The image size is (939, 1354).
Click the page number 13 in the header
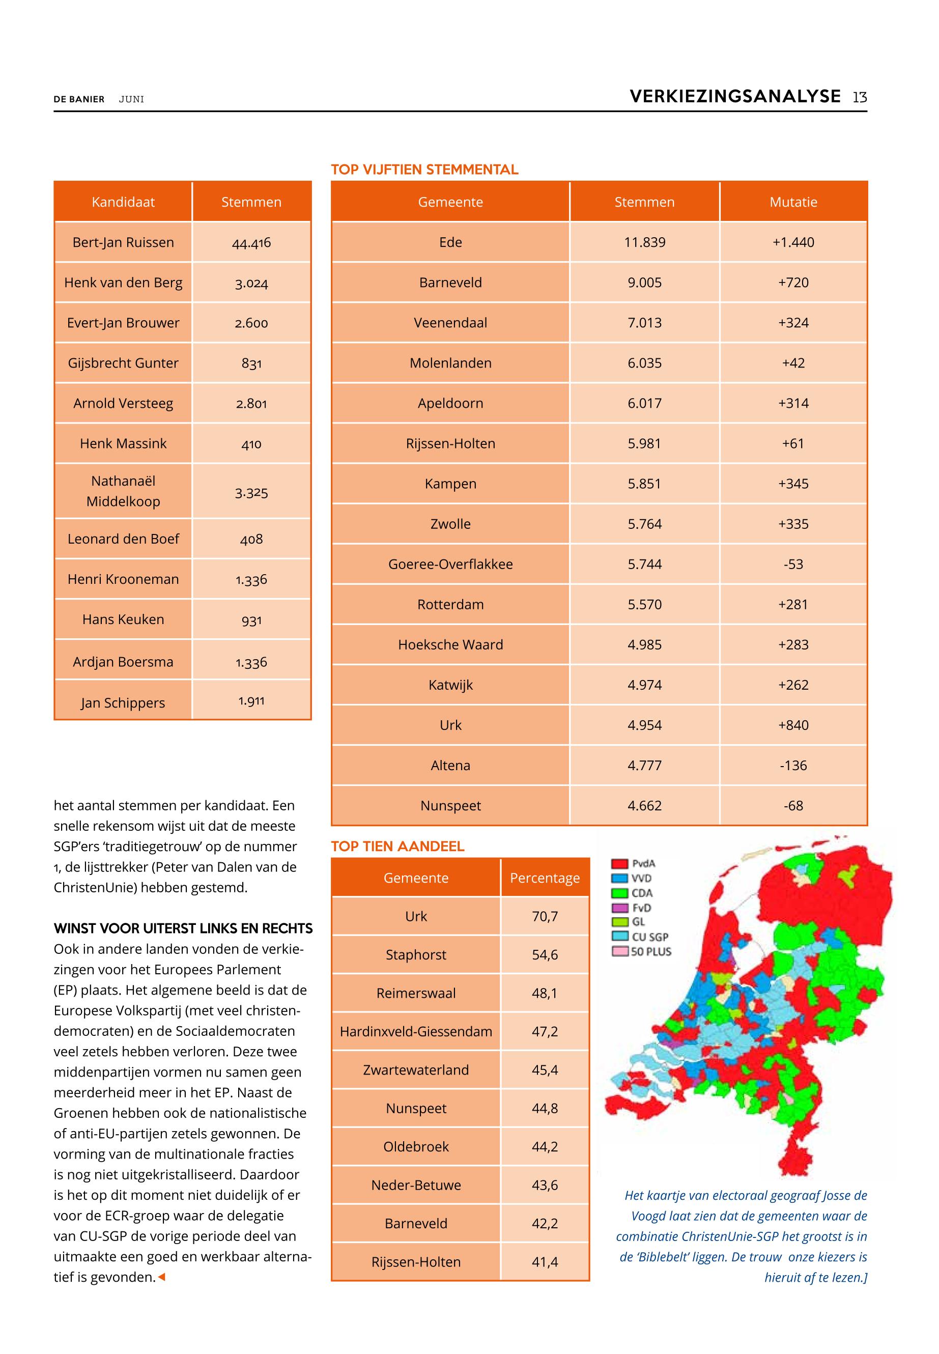click(x=860, y=97)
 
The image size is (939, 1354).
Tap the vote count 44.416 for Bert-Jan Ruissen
click(x=251, y=242)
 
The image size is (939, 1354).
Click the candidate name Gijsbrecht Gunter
click(x=123, y=363)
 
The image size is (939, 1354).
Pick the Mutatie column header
click(x=793, y=202)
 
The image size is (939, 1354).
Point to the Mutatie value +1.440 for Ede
click(x=793, y=242)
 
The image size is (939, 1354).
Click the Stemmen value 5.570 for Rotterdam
click(x=644, y=604)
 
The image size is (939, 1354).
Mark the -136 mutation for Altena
click(x=793, y=766)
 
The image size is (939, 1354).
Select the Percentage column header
click(x=545, y=878)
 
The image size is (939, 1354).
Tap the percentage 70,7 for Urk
click(x=545, y=916)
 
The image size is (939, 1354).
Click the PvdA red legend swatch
click(x=619, y=864)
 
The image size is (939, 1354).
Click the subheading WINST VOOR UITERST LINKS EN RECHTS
click(x=183, y=928)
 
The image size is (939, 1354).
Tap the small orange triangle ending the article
click(x=162, y=1277)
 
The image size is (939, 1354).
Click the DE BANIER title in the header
click(x=79, y=99)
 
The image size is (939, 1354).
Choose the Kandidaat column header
click(x=123, y=202)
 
